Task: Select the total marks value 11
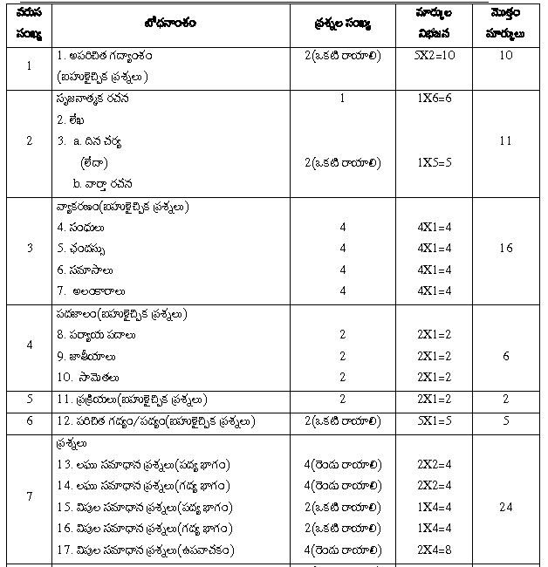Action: point(506,140)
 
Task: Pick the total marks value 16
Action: point(506,249)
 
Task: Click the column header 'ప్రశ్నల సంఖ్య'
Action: point(342,24)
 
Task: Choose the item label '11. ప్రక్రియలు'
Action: point(131,400)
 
